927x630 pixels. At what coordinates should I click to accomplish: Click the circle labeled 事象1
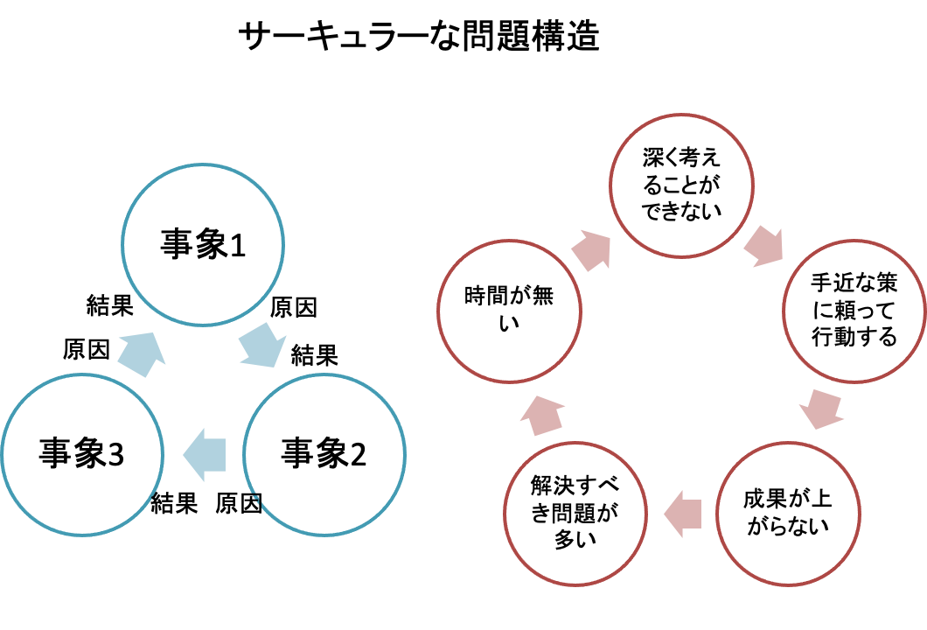point(203,244)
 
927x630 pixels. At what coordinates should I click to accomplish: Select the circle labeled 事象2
point(324,454)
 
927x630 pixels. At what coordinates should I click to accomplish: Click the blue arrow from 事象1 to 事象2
point(261,346)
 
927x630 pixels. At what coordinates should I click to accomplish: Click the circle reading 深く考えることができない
point(681,185)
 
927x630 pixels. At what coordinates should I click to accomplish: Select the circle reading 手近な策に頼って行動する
point(854,310)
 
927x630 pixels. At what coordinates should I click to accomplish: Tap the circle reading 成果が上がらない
point(787,513)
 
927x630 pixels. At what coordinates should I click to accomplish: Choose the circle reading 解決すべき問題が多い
point(575,513)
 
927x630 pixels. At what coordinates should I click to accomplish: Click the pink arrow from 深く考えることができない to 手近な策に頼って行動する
point(763,247)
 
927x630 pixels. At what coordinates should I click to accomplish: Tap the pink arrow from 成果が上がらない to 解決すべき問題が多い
point(683,513)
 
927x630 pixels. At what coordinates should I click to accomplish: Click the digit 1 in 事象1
point(236,245)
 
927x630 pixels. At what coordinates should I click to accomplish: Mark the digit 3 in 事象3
point(115,455)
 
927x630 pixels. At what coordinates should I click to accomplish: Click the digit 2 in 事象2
point(358,455)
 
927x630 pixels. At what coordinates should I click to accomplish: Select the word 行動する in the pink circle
point(854,337)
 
